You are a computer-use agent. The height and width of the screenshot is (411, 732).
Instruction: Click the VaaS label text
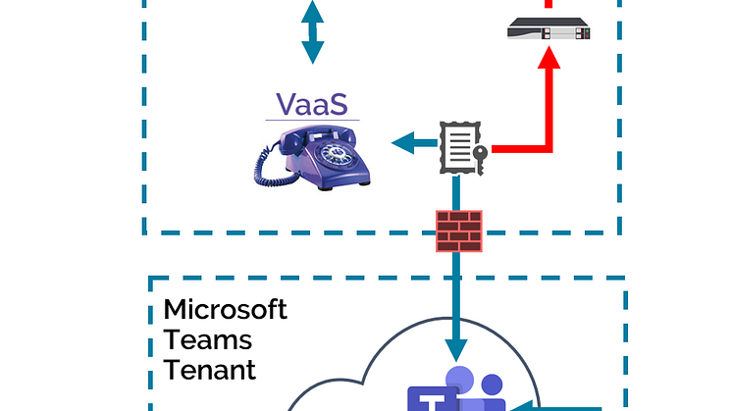[x=311, y=104]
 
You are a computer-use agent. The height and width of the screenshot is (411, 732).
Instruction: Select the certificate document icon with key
[x=459, y=146]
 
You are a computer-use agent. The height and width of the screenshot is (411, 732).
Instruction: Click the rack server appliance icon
[x=550, y=30]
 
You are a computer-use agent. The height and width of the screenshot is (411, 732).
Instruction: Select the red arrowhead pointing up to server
[x=550, y=60]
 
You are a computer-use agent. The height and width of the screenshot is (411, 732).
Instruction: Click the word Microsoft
[x=225, y=309]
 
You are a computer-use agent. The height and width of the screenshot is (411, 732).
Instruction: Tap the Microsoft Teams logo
[x=455, y=392]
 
